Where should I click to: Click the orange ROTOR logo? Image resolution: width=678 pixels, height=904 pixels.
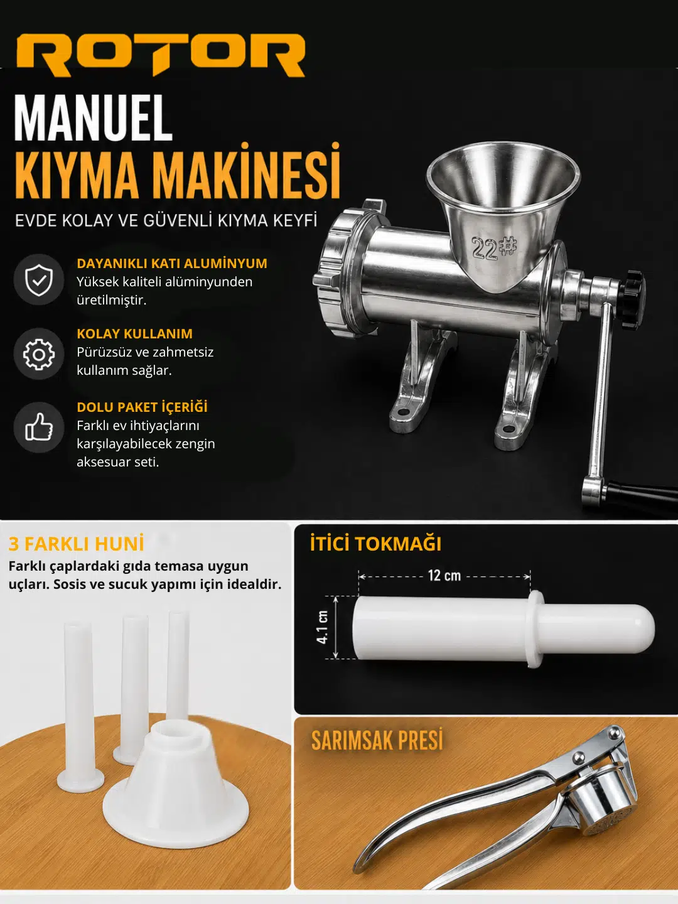161,55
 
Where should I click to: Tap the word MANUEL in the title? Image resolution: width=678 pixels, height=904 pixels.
93,118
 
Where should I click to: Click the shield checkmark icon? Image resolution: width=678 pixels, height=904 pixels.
39,279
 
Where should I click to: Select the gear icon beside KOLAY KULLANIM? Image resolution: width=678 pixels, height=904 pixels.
39,354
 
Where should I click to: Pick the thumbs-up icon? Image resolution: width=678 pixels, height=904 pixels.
39,427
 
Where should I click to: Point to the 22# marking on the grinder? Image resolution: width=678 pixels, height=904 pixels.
493,249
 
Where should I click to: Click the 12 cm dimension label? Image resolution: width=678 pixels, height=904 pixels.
444,575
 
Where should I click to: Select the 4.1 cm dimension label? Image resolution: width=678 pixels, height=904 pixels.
323,627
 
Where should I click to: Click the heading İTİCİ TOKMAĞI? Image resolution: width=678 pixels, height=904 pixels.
375,544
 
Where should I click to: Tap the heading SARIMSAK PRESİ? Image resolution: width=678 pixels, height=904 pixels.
377,741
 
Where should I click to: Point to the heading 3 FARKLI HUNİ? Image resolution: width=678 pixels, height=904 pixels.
76,544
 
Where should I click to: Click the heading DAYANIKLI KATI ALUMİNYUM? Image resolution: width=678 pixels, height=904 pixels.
172,263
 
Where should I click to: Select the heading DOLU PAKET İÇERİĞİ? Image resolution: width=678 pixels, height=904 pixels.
142,407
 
